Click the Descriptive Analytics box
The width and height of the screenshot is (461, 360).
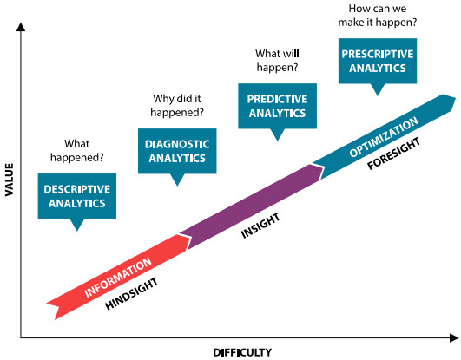pos(77,195)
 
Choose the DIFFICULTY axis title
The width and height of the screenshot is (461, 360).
pos(242,351)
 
